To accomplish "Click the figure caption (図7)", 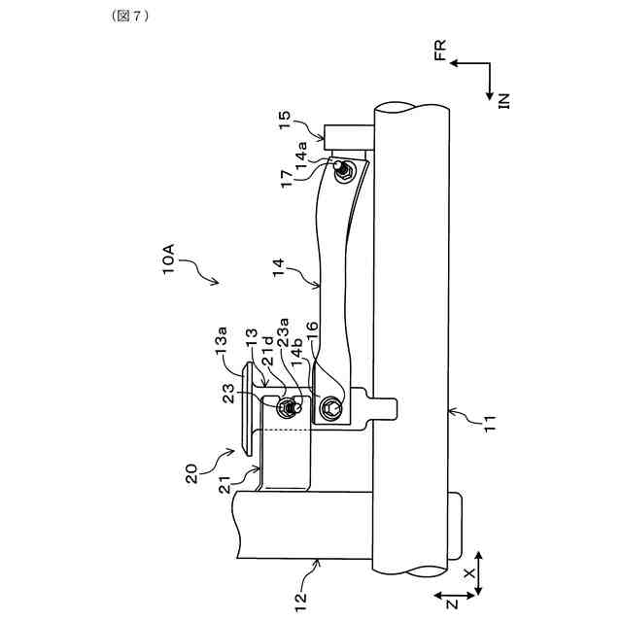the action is [x=129, y=16].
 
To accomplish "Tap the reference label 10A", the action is [x=168, y=259].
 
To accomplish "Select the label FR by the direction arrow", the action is [x=440, y=50].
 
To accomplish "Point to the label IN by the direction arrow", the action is [x=503, y=101].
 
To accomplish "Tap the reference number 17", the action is [x=287, y=179].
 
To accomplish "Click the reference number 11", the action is [x=491, y=424].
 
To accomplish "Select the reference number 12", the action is [x=300, y=603].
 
